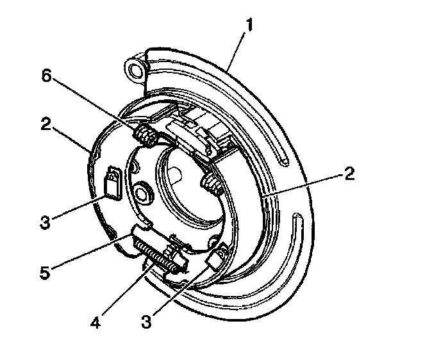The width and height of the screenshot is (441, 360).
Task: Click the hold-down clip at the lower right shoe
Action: pos(215,259)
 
